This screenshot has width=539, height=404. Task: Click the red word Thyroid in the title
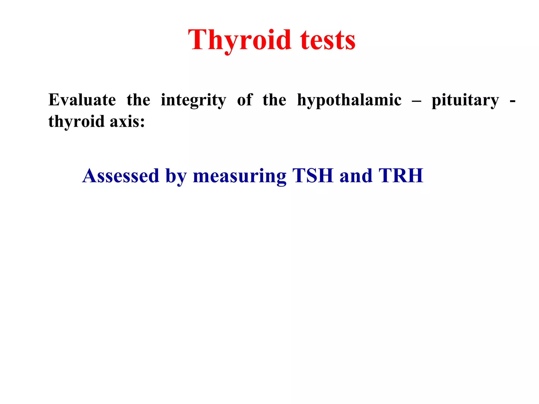point(239,40)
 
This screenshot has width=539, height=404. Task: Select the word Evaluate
point(82,100)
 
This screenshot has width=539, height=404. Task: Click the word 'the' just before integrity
point(138,100)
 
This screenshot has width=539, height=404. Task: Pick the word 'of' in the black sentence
point(245,100)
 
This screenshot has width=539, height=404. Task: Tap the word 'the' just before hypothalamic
point(274,100)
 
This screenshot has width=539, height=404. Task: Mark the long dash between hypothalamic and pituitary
point(417,101)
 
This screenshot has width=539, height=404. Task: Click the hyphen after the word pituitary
point(512,101)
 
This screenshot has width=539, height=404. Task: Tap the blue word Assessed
point(121,176)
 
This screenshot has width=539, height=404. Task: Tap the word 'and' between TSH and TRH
point(356,176)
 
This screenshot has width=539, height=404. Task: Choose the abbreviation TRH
point(401,176)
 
